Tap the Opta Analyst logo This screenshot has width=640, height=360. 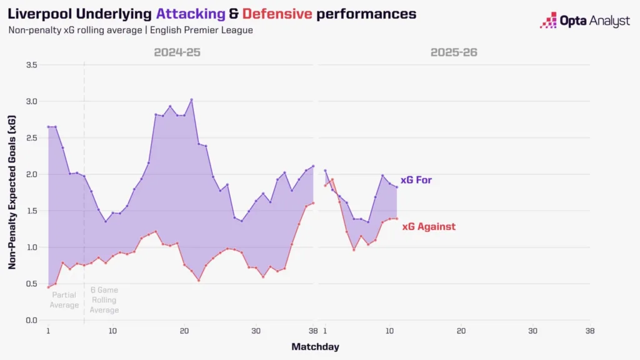(x=585, y=21)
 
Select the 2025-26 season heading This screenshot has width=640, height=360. (x=454, y=52)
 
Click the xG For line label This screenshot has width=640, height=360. (x=416, y=180)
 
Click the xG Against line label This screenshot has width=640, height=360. (x=429, y=227)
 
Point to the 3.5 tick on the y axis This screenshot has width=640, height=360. (x=31, y=65)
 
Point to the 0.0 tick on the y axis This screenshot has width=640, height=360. (x=31, y=320)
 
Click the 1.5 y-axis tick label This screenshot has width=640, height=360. (x=31, y=211)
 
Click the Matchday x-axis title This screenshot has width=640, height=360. (x=315, y=346)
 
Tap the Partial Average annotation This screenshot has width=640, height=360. (x=65, y=300)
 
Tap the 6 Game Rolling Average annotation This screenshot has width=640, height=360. (x=104, y=300)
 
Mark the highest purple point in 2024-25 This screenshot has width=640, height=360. (x=191, y=99)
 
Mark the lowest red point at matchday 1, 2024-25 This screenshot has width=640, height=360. (x=48, y=287)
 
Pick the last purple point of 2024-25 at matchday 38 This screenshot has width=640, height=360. (x=313, y=166)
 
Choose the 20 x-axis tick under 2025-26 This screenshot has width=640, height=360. (x=461, y=331)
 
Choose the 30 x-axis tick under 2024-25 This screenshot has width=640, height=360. (x=256, y=331)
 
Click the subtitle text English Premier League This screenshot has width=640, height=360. (x=204, y=30)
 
